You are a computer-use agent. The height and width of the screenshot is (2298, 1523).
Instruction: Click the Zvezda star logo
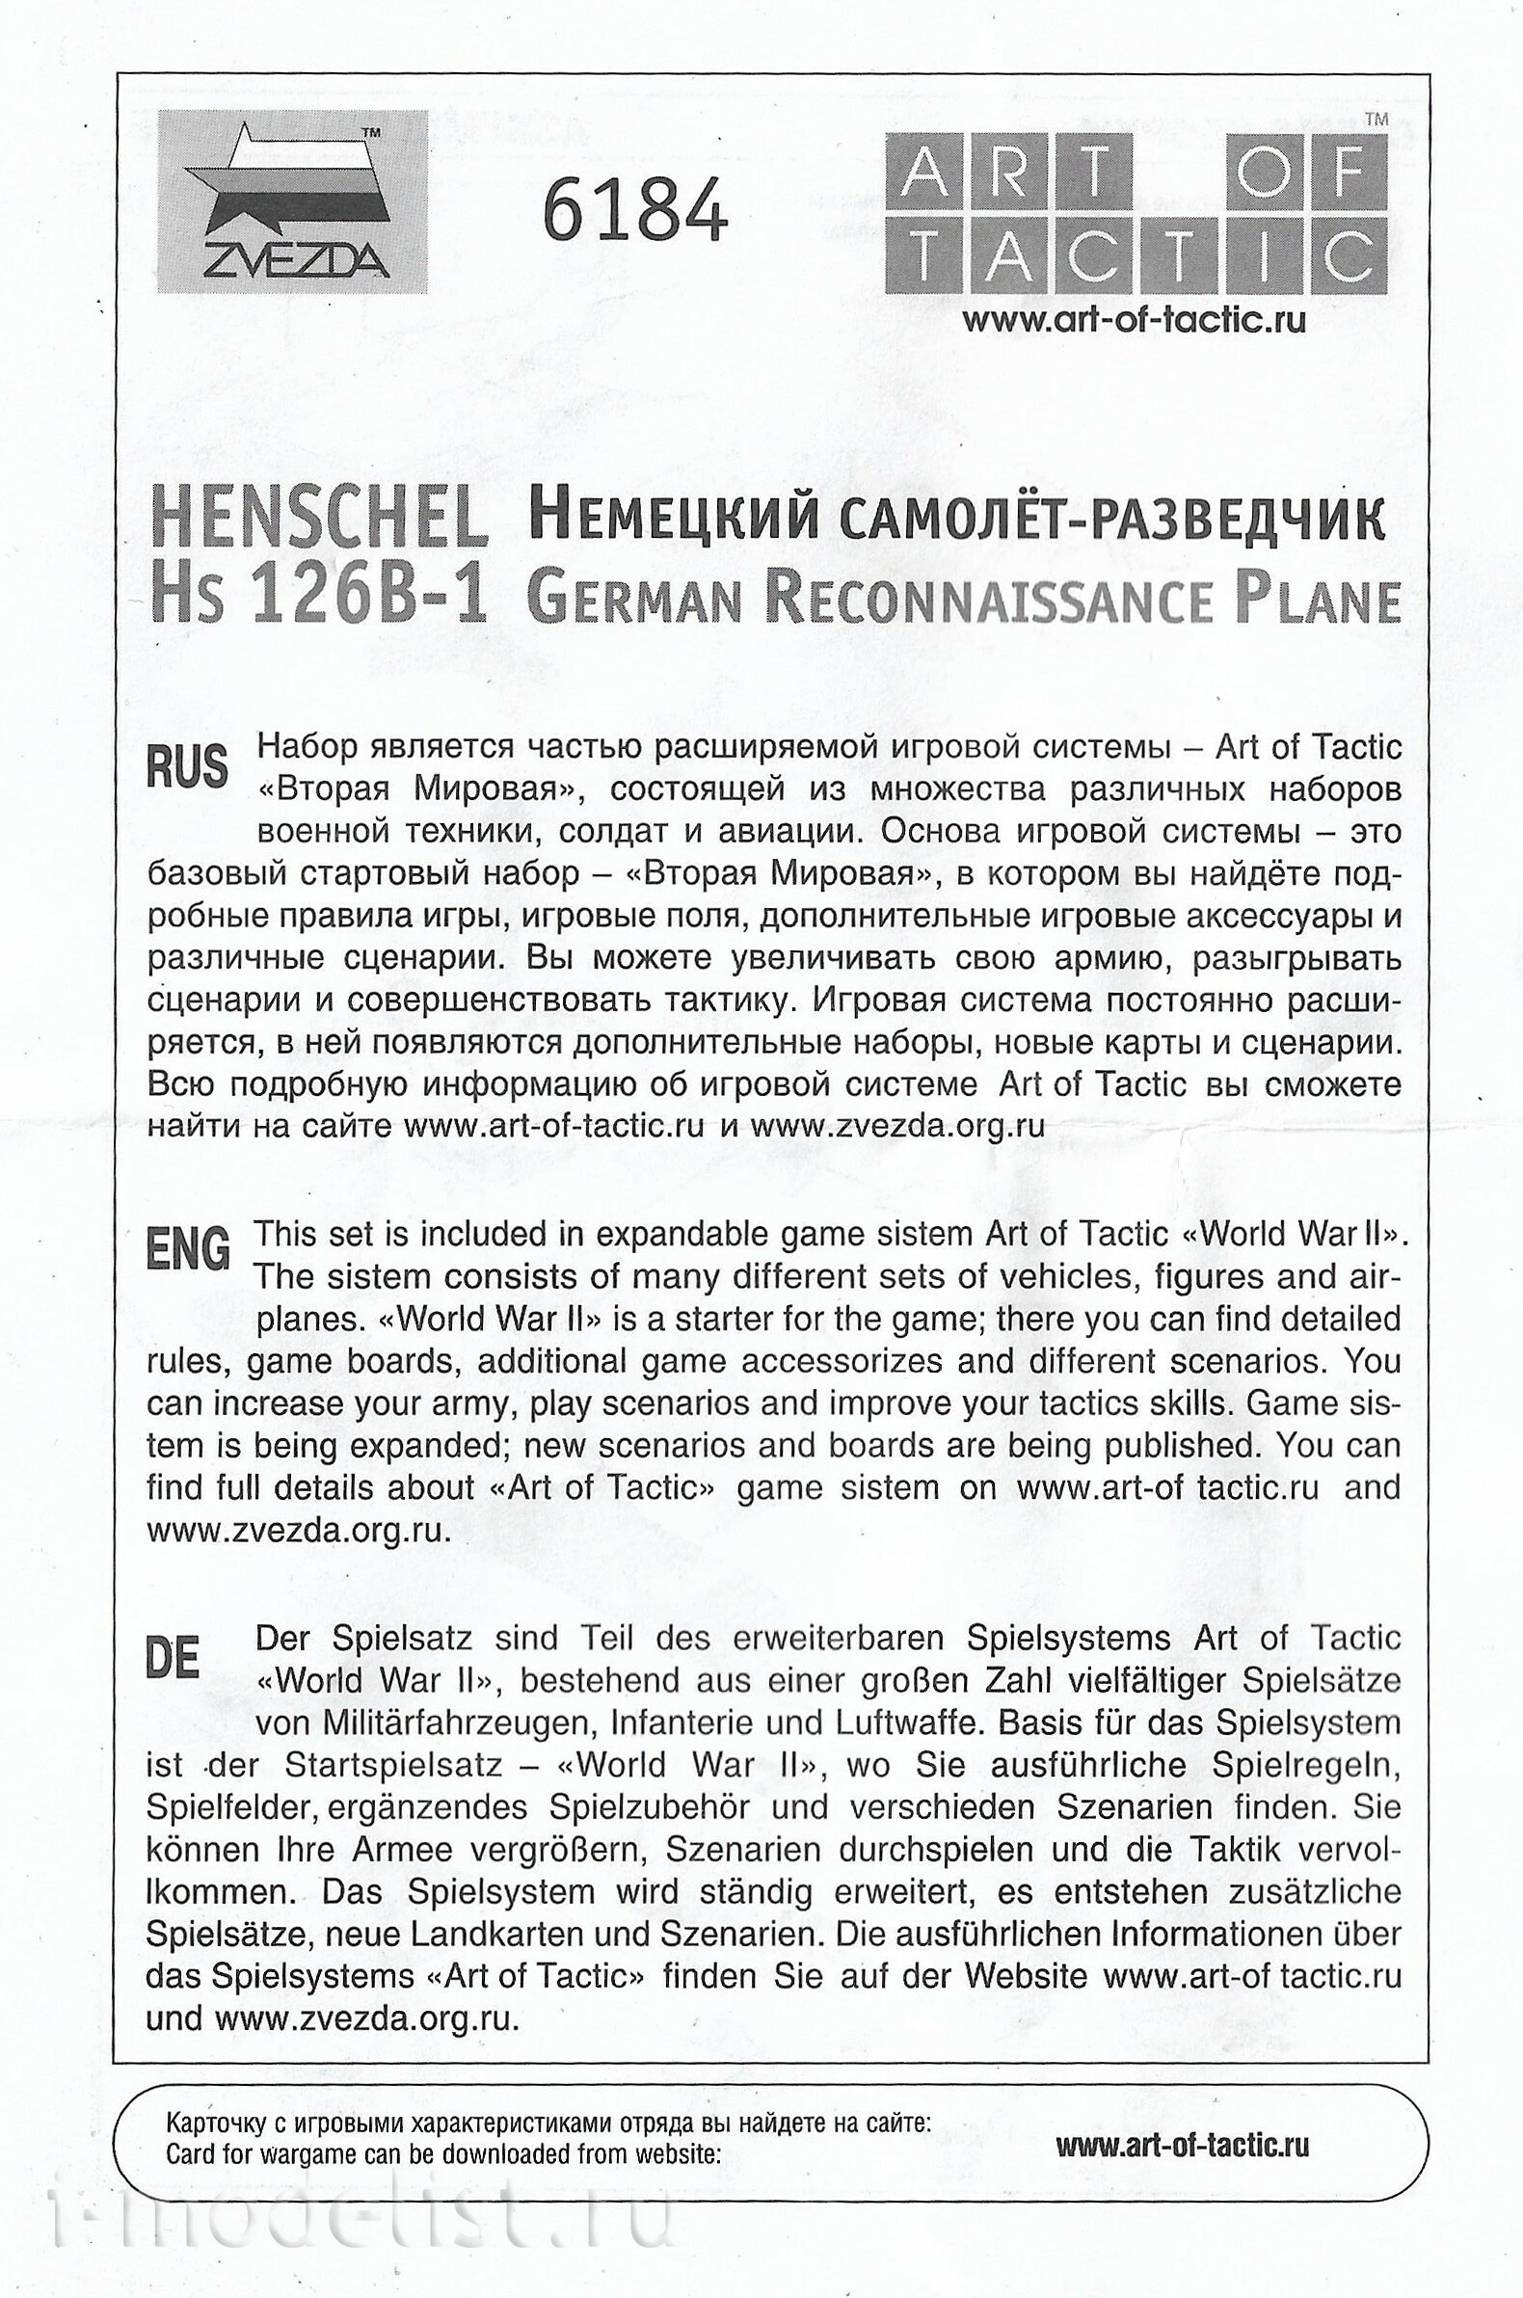[x=291, y=202]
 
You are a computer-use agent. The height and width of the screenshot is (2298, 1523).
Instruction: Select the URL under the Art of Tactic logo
[x=1134, y=321]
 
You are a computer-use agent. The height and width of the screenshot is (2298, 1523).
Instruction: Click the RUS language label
[x=187, y=766]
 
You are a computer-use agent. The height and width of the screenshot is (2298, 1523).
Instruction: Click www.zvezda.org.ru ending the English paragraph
[x=299, y=1530]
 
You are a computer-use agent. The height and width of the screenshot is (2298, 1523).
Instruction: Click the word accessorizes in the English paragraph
[x=842, y=1361]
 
